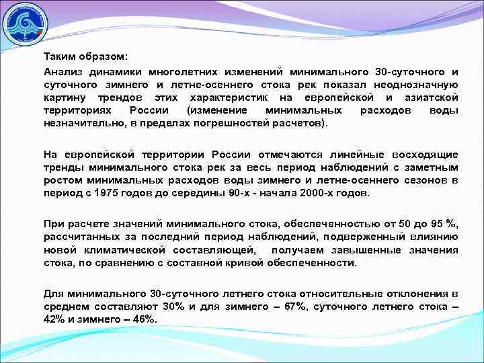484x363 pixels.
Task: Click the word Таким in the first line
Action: click(60, 56)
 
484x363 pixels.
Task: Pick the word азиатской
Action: click(430, 98)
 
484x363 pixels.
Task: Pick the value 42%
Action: click(54, 319)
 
